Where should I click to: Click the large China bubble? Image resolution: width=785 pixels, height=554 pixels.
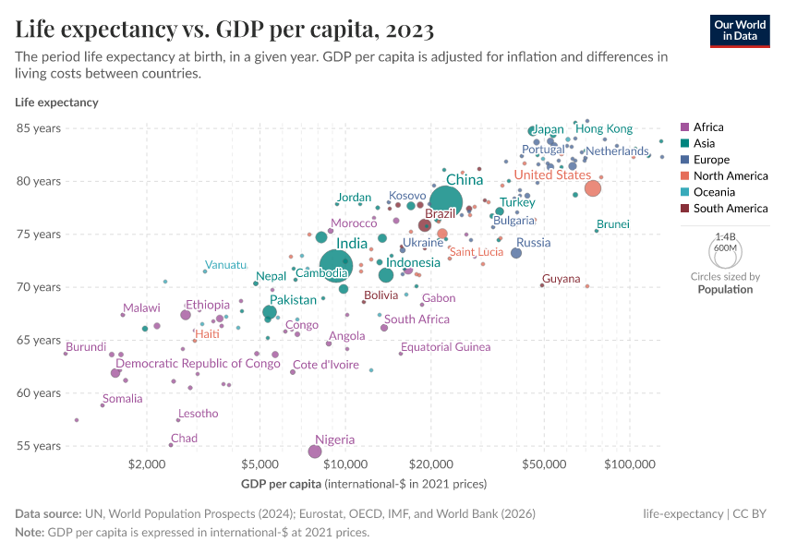(445, 201)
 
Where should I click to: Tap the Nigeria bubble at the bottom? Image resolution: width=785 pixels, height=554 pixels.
(315, 452)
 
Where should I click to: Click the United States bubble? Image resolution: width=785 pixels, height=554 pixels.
(593, 188)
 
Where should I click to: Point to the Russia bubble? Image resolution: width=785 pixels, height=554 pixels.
(516, 253)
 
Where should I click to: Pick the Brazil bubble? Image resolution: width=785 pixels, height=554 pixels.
(425, 225)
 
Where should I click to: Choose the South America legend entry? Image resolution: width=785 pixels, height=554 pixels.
(729, 209)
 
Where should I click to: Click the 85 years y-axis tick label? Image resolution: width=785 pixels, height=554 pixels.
(39, 128)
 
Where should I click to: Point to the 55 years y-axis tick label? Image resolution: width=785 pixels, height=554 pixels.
(39, 446)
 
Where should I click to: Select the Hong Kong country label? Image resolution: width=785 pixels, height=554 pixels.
(604, 129)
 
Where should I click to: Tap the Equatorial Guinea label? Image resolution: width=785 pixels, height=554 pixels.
(446, 347)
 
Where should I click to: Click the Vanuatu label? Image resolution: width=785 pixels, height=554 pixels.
(226, 265)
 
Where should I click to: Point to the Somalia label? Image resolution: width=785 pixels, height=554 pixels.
(123, 399)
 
